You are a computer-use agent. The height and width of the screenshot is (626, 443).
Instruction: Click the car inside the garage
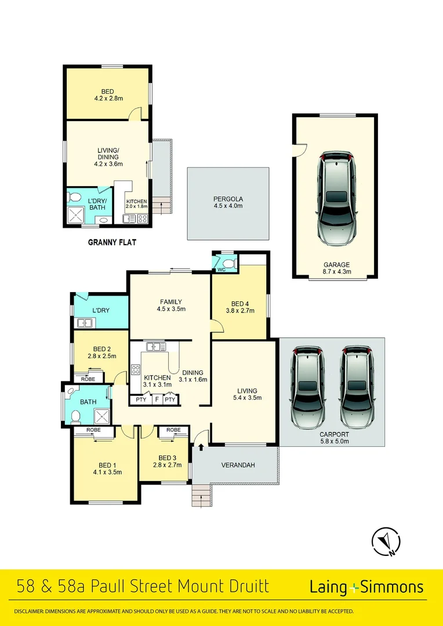point(336,199)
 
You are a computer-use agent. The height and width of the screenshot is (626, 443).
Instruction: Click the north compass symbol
point(386,542)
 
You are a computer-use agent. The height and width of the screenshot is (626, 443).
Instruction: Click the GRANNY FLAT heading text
point(112,242)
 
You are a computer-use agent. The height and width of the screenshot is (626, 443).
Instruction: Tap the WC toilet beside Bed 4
point(228,264)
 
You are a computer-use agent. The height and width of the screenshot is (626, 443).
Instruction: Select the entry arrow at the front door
point(201,446)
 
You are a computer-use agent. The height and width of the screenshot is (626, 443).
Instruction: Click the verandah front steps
point(201,496)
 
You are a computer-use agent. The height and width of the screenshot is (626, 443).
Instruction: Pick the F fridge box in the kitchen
point(156,400)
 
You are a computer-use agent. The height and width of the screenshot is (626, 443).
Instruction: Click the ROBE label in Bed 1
point(93,430)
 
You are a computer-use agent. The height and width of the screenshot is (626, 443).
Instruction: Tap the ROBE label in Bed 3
point(173,430)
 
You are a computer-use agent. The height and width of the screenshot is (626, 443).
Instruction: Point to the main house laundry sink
point(85,323)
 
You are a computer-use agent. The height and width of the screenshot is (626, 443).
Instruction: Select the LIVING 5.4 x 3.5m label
point(246,394)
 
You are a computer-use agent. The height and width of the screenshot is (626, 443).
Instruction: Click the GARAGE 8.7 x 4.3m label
point(336,268)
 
